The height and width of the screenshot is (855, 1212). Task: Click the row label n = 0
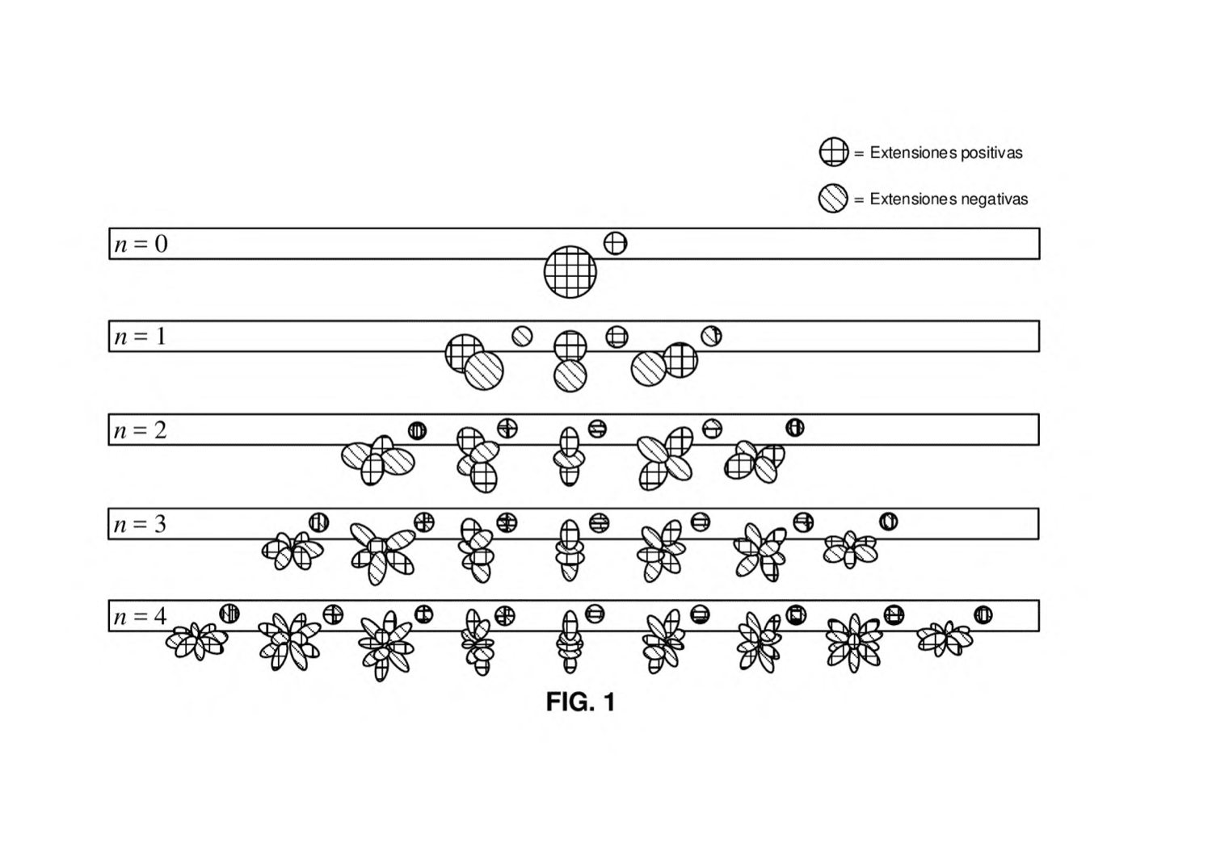point(141,244)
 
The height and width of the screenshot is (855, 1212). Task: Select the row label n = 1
point(140,337)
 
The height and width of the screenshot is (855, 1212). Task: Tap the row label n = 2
point(140,430)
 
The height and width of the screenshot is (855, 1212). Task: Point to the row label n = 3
point(140,524)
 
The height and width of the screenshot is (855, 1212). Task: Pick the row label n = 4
point(140,616)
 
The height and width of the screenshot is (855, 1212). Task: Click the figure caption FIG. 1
point(581,702)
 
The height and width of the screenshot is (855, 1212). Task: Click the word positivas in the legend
point(991,153)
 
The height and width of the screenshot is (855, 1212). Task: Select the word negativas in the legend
point(994,199)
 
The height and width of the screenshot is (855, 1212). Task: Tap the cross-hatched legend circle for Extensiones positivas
point(834,152)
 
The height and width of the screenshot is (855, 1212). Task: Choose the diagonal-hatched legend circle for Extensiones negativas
point(833,199)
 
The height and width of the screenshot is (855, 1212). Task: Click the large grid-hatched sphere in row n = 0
point(570,272)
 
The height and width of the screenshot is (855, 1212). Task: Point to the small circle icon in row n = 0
point(615,243)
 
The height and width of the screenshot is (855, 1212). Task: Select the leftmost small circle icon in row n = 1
point(522,336)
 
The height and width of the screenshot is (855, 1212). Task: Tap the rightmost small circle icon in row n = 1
point(712,336)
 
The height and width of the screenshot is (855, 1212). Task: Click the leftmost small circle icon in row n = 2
point(417,431)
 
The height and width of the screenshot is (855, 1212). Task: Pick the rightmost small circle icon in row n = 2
point(795,428)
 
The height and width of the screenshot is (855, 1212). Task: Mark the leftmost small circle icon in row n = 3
point(318,522)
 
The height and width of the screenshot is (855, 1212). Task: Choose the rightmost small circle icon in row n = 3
point(889,522)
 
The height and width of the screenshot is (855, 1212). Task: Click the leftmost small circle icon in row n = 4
point(229,614)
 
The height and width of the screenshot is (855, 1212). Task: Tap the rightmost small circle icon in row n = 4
point(983,615)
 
